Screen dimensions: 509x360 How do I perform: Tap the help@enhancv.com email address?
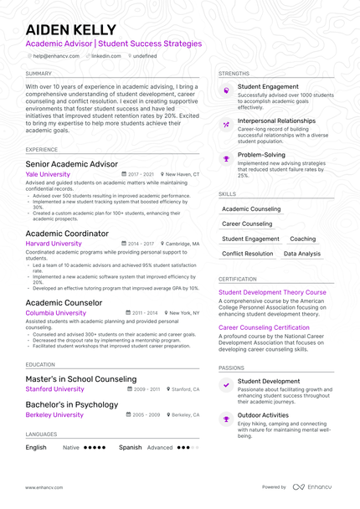(x=56, y=56)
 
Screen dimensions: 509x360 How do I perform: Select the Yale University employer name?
(x=48, y=174)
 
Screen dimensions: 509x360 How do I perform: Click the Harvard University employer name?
(x=54, y=244)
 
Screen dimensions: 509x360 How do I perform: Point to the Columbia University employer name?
(x=55, y=313)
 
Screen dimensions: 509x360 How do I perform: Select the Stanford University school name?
(x=55, y=389)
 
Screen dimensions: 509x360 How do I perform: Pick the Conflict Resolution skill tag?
(x=248, y=254)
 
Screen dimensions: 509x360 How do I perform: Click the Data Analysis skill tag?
(x=301, y=254)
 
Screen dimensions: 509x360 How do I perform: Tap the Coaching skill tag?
(x=302, y=239)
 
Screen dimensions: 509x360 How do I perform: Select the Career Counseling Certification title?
(x=264, y=328)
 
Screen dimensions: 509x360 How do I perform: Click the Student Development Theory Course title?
(x=272, y=293)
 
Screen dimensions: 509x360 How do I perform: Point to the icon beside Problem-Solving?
(x=226, y=158)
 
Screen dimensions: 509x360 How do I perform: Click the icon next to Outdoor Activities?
(x=226, y=417)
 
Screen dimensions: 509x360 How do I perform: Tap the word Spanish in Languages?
(x=130, y=448)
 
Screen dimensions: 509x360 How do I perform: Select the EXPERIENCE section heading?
(x=42, y=150)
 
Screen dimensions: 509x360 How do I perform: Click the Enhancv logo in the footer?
(x=311, y=486)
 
